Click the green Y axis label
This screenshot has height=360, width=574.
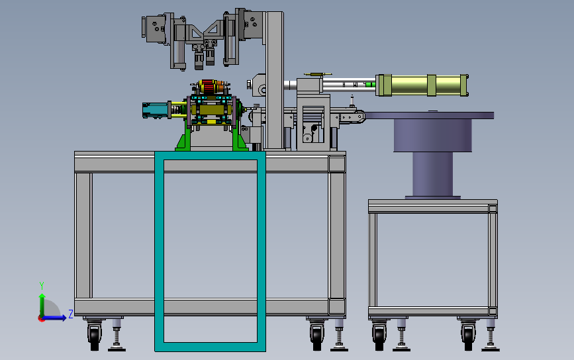click(42, 285)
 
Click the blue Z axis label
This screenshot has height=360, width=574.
click(71, 314)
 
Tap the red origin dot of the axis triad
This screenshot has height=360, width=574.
click(41, 319)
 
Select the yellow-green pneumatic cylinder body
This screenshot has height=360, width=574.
click(422, 85)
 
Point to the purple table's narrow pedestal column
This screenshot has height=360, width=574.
click(433, 174)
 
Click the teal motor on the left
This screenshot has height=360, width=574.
click(155, 110)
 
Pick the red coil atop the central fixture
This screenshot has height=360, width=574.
click(208, 87)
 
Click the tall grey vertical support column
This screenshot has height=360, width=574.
click(275, 81)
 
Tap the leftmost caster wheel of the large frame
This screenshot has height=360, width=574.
click(95, 336)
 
